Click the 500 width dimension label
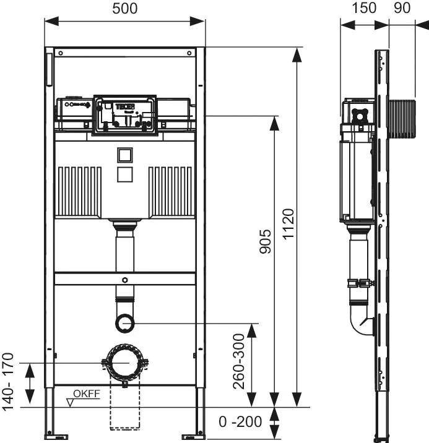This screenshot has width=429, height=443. (x=124, y=9)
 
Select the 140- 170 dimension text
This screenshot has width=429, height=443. (x=8, y=381)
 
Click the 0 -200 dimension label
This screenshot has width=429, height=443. (x=241, y=422)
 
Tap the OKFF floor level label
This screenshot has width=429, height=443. (x=86, y=394)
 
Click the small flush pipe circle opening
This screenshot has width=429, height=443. (x=125, y=322)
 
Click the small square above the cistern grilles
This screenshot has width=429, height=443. (x=125, y=155)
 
